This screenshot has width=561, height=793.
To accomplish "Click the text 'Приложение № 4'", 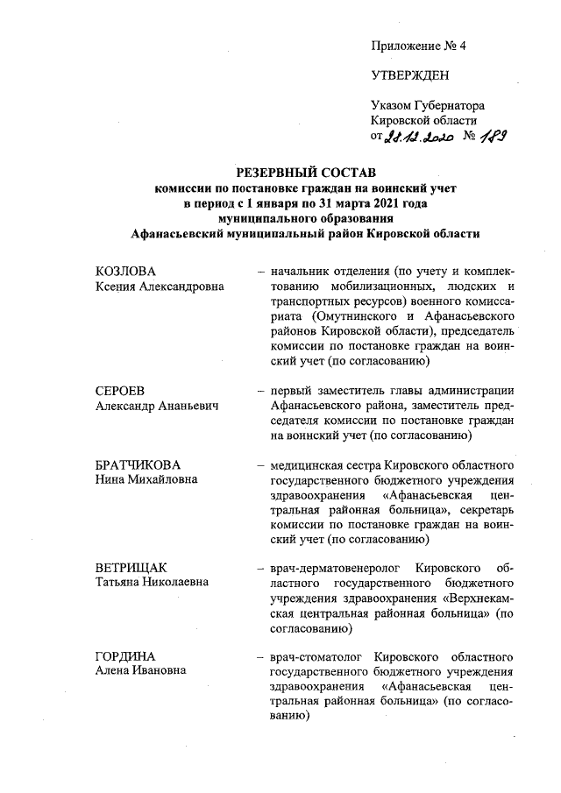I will click(418, 46).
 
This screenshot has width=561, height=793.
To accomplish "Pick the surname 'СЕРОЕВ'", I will click(120, 391).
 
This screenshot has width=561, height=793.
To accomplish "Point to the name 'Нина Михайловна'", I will click(146, 480).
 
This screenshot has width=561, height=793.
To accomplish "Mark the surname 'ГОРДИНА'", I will click(125, 655).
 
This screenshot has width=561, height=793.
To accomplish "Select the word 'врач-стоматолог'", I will click(317, 655).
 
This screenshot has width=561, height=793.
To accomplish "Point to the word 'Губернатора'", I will click(451, 105).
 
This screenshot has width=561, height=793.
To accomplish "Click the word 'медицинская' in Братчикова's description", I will click(308, 465).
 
